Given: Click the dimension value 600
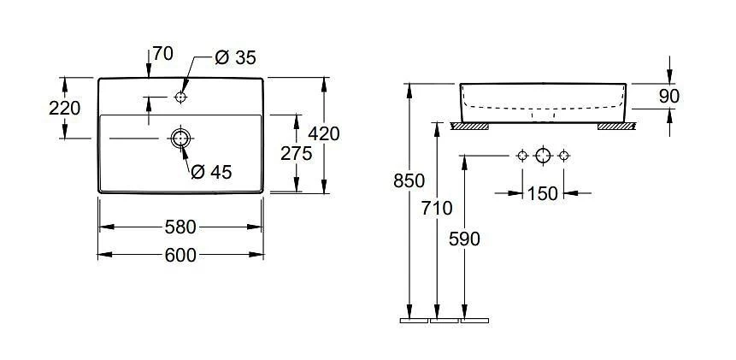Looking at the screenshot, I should coord(181,255).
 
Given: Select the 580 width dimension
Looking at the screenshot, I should coord(181,227).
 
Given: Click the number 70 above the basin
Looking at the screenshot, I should coord(162,54).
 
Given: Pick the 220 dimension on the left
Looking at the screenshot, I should coord(65,108).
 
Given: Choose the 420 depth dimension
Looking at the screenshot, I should coord(325,133).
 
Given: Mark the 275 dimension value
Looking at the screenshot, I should coord(296,153).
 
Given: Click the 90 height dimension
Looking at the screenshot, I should coord(669,96).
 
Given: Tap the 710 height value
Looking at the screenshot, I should coord(438,208).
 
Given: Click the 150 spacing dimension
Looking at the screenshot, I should coord(542,193).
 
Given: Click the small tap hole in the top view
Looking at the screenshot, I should coord(180,97).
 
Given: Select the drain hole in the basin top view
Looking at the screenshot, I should coord(180,138).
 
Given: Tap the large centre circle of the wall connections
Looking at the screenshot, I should coord(542,155).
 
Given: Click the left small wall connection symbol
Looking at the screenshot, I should coord(521,155).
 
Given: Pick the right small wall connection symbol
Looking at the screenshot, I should coord(563,155).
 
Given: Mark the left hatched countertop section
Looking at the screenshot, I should coord(469,127).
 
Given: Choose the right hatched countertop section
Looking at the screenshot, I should coord(615,127).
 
